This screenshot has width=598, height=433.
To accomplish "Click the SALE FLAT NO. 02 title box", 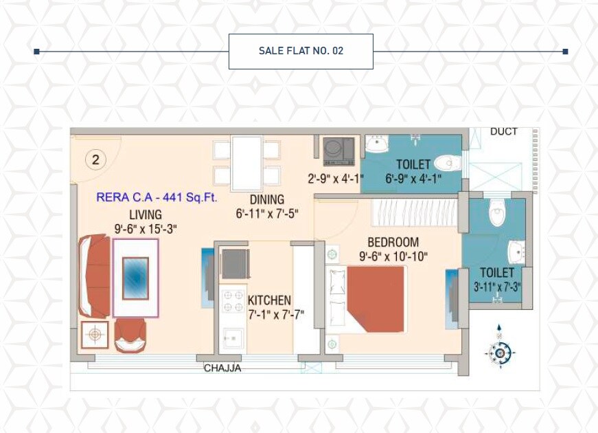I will pyautogui.click(x=301, y=51).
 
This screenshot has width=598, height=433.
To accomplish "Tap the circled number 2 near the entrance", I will pyautogui.click(x=95, y=160).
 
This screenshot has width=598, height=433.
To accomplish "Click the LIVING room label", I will pyautogui.click(x=146, y=215).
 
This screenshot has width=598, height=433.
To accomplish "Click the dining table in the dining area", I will pyautogui.click(x=246, y=163).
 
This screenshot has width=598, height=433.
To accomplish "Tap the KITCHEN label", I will pyautogui.click(x=269, y=300).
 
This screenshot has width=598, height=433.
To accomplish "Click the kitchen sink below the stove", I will pyautogui.click(x=233, y=339).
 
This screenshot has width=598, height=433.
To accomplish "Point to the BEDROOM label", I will pyautogui.click(x=393, y=242).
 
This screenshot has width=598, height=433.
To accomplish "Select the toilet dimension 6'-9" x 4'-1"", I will pyautogui.click(x=413, y=179).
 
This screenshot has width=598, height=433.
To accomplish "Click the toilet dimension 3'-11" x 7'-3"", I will pyautogui.click(x=497, y=287).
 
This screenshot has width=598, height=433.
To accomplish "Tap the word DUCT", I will pyautogui.click(x=504, y=132).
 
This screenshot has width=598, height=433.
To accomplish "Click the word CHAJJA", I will pyautogui.click(x=222, y=368).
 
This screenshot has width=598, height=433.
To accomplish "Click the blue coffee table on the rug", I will pyautogui.click(x=135, y=278).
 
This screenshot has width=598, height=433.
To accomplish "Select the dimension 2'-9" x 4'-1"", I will pyautogui.click(x=335, y=179).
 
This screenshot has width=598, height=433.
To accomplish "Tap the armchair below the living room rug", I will pyautogui.click(x=130, y=336).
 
